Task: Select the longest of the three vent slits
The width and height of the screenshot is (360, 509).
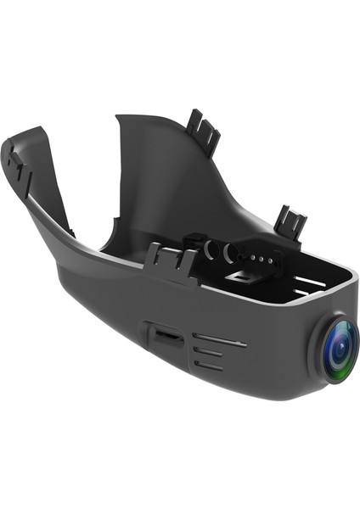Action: tap(219, 343)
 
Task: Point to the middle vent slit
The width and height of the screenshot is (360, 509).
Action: tap(209, 354)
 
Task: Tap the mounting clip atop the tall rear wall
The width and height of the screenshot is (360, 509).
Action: tap(204, 128)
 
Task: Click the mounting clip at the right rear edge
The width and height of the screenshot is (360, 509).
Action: tap(291, 222)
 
